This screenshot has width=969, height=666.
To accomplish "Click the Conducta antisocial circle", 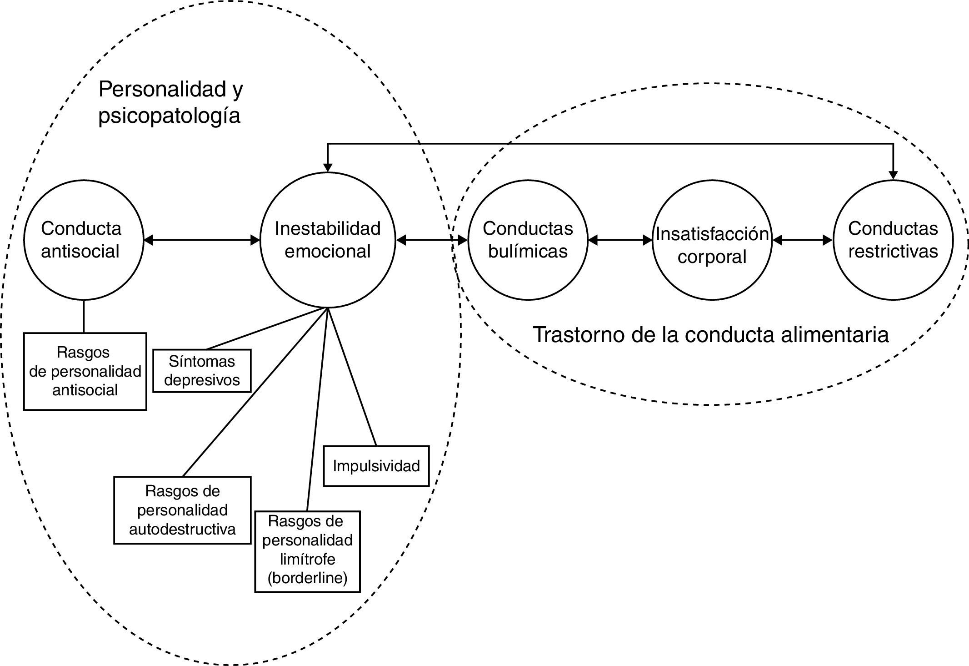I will [84, 240].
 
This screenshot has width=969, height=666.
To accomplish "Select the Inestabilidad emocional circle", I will [328, 240].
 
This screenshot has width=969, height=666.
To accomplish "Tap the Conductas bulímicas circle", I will [528, 240].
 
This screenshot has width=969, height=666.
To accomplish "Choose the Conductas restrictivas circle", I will [893, 240].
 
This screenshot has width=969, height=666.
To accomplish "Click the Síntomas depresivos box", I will [202, 371].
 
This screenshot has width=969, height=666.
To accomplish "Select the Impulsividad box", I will [376, 466].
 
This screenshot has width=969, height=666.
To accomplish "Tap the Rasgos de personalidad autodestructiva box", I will [182, 510].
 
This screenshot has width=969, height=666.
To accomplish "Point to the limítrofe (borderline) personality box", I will [307, 551].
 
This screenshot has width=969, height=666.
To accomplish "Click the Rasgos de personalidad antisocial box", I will [85, 371].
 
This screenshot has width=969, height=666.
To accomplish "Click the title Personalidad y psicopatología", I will [170, 102].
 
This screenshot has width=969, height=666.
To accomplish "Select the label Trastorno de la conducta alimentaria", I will [710, 335].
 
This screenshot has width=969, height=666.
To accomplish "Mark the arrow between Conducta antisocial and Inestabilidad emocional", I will [201, 240].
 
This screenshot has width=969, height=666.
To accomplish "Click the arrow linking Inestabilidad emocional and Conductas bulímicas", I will [432, 240].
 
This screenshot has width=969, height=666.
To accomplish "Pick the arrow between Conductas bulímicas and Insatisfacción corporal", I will [620, 240].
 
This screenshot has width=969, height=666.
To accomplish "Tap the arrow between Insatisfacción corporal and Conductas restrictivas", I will [803, 240].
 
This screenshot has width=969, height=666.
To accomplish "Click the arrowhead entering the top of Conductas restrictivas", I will [893, 175].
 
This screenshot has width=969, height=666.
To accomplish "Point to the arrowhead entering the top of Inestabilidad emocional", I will [328, 167].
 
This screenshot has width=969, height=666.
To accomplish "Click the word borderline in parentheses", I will [307, 578].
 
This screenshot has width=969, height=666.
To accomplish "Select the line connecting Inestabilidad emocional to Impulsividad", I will [352, 378].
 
